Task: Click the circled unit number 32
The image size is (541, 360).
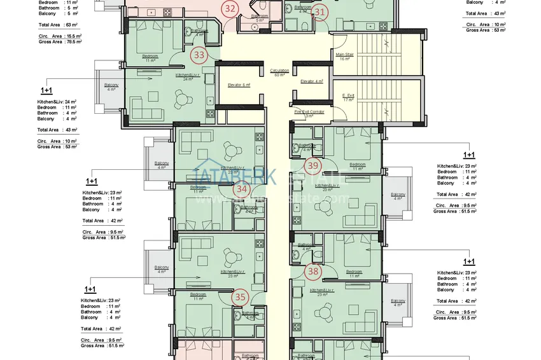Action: tap(230, 8)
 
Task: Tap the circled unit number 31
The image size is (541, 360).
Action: tap(320, 12)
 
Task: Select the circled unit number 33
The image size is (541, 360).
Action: tap(199, 55)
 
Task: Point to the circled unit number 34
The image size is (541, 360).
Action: tap(241, 188)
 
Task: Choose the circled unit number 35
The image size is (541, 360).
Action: tap(240, 296)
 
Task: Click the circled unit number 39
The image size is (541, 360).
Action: tap(313, 167)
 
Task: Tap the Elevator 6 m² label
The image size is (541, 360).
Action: tap(239, 85)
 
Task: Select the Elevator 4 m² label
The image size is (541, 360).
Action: tap(312, 81)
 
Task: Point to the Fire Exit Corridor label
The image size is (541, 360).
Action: tap(309, 113)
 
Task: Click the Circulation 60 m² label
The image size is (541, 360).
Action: tap(279, 73)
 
